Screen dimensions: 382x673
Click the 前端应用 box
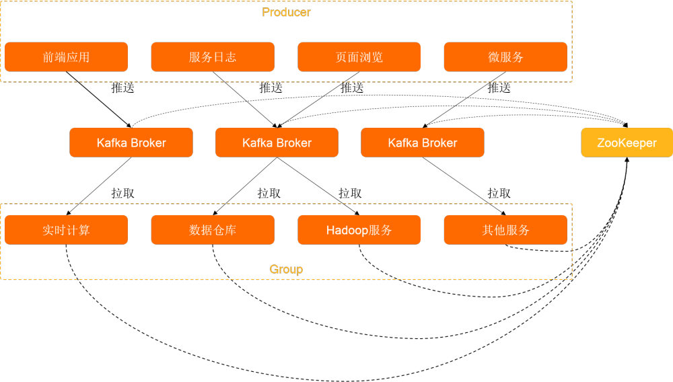[x=66, y=57]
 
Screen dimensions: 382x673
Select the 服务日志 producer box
[x=213, y=57]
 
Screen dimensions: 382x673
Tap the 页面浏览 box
[x=359, y=57]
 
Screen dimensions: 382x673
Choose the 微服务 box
[x=505, y=57]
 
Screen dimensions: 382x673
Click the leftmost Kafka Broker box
[x=131, y=143]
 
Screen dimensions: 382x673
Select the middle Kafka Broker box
[x=277, y=143]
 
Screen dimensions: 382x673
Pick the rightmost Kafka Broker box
[x=423, y=143]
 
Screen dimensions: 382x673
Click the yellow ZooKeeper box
[x=627, y=143]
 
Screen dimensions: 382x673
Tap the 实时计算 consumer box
[x=66, y=230]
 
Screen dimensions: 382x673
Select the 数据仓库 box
[x=213, y=230]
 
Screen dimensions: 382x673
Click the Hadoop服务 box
[x=359, y=230]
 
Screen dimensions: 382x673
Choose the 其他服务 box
[x=505, y=230]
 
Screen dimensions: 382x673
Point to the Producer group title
[x=286, y=12]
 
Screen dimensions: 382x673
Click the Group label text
[x=286, y=269]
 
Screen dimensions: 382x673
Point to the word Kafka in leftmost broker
[x=112, y=143]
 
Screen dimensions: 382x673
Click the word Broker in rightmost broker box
[x=439, y=143]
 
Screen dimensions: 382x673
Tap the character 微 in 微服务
[x=494, y=57]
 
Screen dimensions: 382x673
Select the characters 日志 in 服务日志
[x=225, y=57]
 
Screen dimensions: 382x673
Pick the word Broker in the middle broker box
[x=294, y=143]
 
